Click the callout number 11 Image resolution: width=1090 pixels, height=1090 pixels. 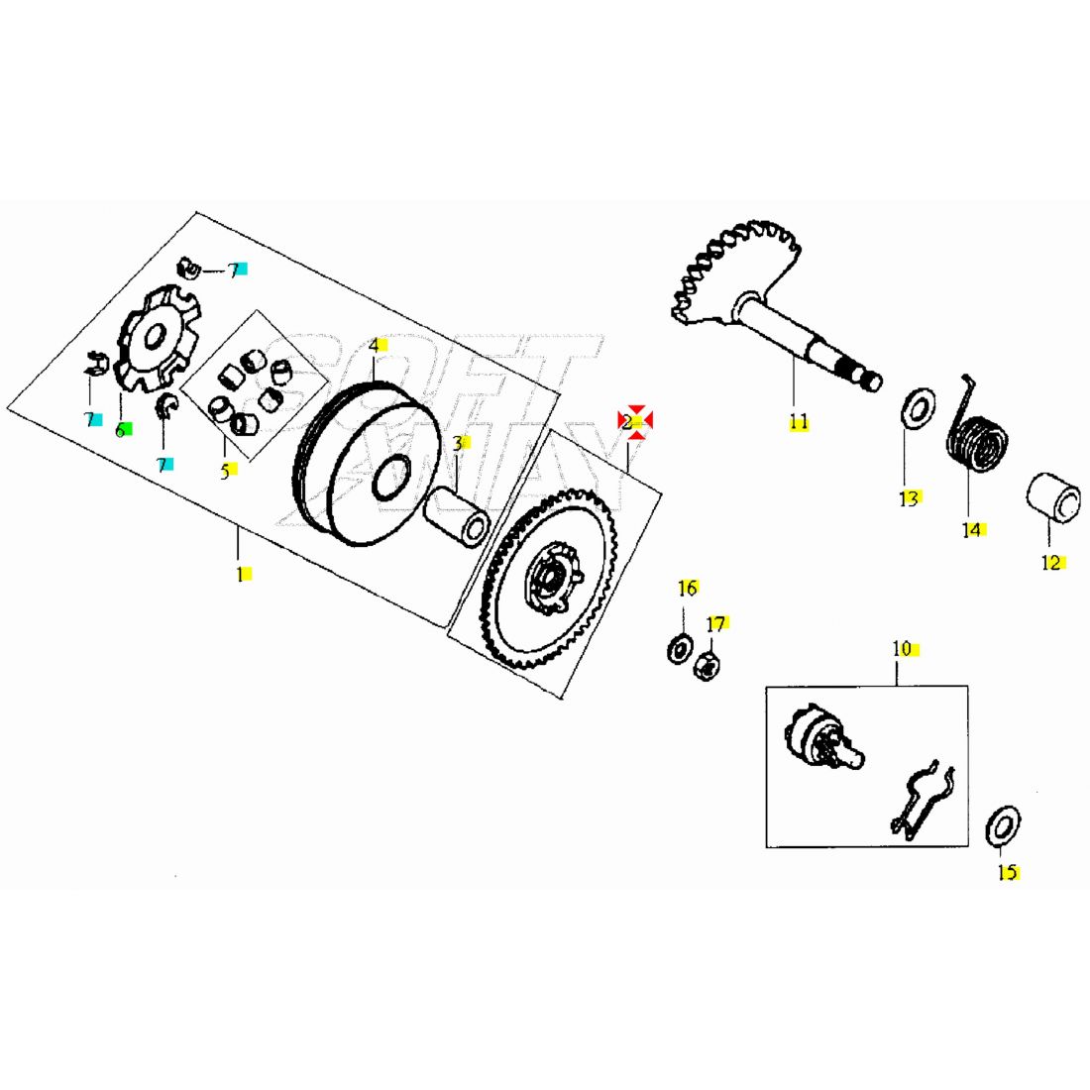click(799, 422)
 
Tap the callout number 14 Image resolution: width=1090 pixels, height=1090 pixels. click(972, 529)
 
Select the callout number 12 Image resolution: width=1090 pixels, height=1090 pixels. click(1051, 563)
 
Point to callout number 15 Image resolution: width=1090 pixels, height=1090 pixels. click(1007, 873)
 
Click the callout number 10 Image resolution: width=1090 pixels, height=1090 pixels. click(902, 649)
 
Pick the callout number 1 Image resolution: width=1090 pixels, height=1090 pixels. click(240, 574)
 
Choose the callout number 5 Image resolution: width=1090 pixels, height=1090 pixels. click(225, 471)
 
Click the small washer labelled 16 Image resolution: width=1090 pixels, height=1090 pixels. click(680, 650)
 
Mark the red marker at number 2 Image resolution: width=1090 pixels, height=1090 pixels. click(634, 421)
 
